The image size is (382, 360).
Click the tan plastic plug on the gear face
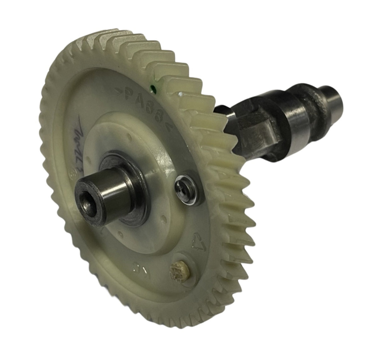(177, 270)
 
